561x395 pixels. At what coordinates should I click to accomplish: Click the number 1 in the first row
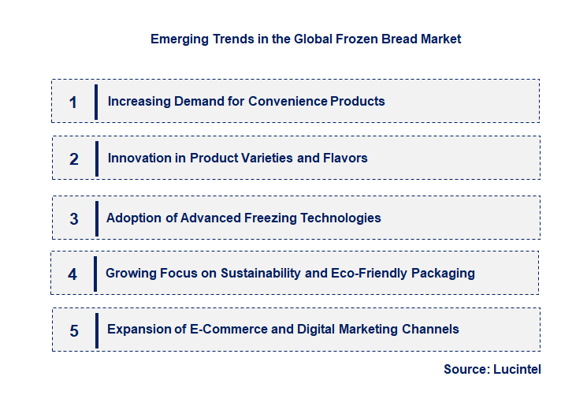(x=73, y=102)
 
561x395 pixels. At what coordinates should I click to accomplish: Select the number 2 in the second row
(x=74, y=158)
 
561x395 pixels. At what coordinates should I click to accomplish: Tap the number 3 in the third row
(x=74, y=219)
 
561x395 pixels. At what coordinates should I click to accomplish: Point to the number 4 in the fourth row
(x=72, y=274)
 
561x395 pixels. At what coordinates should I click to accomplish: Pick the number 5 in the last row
(x=74, y=330)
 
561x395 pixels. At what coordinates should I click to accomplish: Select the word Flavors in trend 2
(x=345, y=158)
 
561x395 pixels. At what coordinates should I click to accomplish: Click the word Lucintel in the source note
(x=517, y=369)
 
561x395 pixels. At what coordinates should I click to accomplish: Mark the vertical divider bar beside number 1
(x=96, y=101)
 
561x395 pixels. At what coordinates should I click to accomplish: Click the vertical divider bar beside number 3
(x=96, y=218)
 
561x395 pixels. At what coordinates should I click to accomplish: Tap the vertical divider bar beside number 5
(x=96, y=330)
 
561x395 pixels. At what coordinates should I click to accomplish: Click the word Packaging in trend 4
(x=445, y=273)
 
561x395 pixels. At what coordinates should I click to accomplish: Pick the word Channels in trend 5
(x=432, y=329)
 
